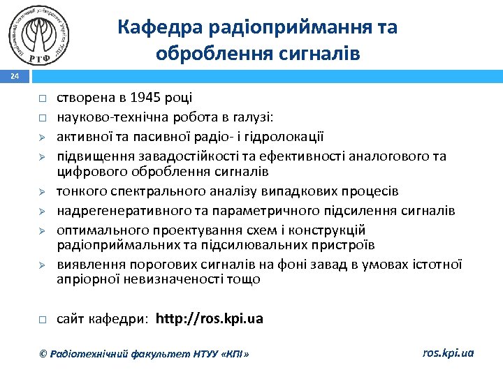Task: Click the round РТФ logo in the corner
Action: pyautogui.click(x=41, y=36)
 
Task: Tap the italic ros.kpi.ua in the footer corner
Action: pyautogui.click(x=448, y=353)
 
